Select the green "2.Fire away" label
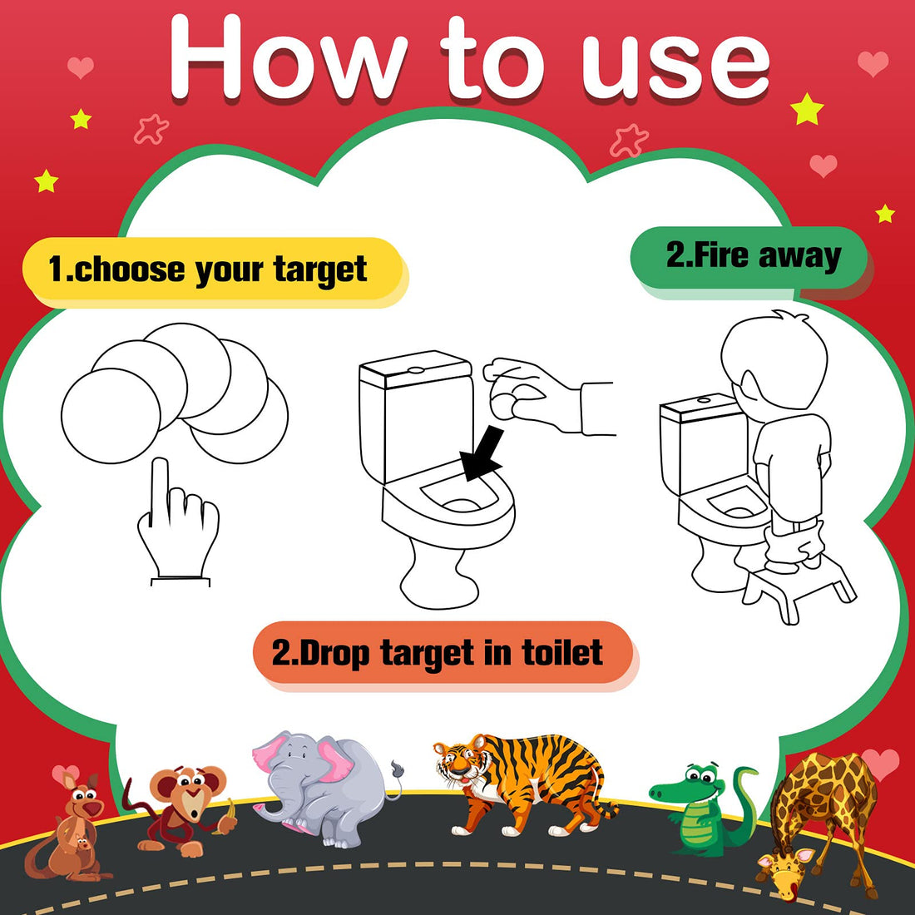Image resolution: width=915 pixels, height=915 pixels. coord(752,256)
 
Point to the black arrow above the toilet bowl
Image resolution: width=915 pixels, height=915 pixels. coord(483,454)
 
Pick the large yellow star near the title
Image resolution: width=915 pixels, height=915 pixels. coord(806,109)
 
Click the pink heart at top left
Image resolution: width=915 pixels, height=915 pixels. coord(80,67)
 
